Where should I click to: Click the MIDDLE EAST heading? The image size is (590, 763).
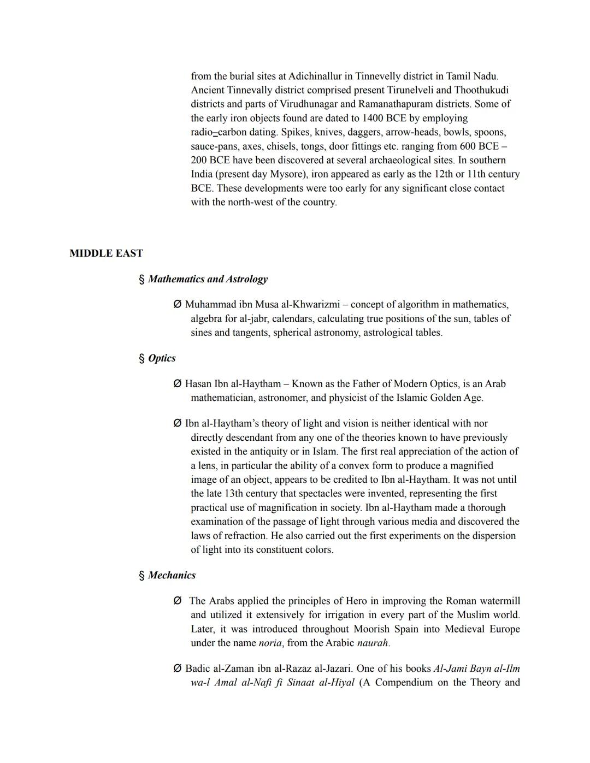pos(106,253)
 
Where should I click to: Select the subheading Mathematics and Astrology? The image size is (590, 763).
pos(208,279)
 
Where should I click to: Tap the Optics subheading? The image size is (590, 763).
pos(162,358)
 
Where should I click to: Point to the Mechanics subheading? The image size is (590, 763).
pos(172,575)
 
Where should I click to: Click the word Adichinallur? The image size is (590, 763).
pos(315,76)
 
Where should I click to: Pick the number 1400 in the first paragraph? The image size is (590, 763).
pos(374,118)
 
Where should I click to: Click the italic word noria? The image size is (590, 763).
pos(270,643)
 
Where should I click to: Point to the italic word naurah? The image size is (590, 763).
pos(372,643)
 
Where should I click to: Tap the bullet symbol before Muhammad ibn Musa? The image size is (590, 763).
pos(177,304)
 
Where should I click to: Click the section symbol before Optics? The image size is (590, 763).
pos(142,358)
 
